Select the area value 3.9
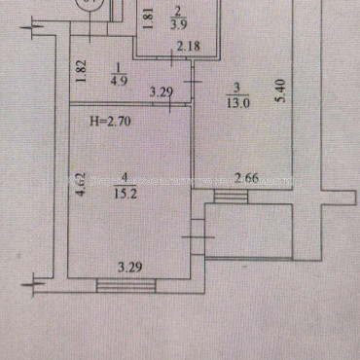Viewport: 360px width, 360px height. (x=177, y=26)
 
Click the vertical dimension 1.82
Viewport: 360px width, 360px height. (x=84, y=70)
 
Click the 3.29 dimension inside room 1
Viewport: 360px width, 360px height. (x=161, y=92)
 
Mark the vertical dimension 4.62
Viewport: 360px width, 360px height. (x=82, y=185)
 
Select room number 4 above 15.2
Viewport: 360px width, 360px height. (x=124, y=177)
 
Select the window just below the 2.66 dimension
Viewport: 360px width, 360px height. (x=232, y=198)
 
